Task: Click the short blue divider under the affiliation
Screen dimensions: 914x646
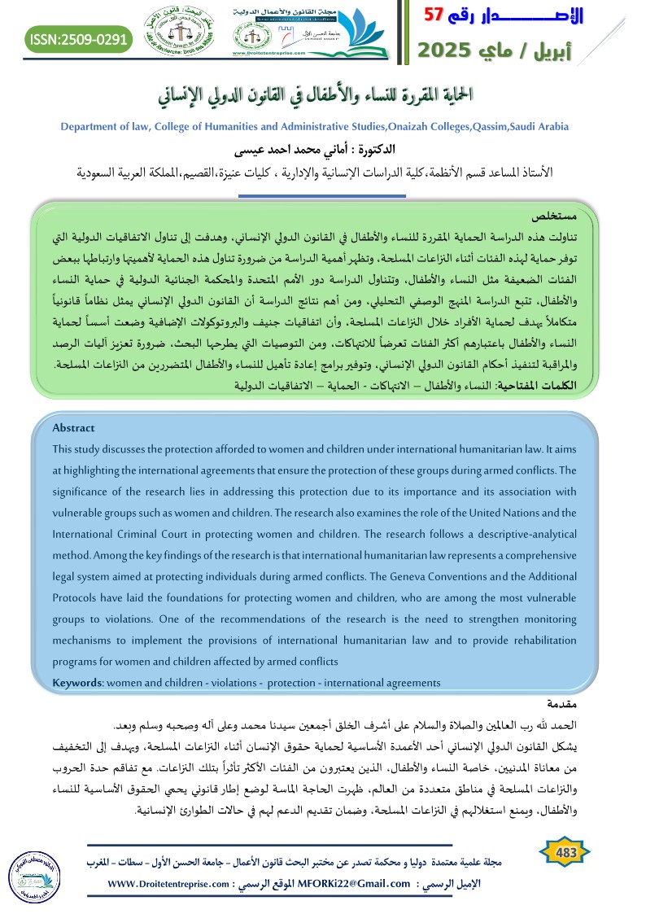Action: (322, 196)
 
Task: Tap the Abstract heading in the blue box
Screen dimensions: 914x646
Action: (73, 428)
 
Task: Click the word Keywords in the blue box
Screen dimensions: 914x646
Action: (76, 682)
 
